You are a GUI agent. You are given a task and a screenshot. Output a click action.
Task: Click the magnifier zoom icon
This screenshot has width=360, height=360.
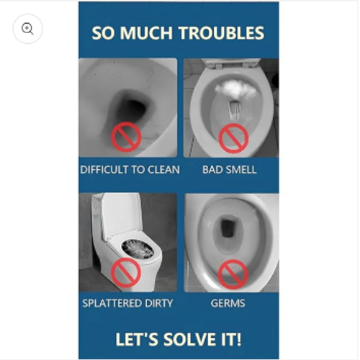(27, 29)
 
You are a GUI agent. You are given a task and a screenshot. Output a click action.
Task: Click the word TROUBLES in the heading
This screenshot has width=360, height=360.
(222, 33)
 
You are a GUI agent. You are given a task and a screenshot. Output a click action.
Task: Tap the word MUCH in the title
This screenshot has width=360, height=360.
(146, 33)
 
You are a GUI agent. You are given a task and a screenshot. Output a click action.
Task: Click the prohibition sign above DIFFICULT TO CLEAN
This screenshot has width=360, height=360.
(126, 137)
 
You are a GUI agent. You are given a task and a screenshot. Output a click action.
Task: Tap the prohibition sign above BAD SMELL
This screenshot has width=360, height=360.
(233, 138)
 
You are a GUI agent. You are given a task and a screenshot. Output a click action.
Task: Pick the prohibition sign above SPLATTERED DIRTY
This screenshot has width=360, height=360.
(126, 273)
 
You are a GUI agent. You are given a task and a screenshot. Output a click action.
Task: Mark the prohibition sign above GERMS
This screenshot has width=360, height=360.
(233, 274)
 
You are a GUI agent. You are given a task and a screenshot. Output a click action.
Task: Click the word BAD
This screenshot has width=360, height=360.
(212, 170)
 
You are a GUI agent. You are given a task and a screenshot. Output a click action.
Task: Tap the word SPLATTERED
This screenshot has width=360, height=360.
(109, 303)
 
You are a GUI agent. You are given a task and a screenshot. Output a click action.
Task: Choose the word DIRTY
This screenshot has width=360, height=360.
(156, 303)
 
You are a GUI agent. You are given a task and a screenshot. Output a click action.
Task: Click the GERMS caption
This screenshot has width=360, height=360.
(228, 303)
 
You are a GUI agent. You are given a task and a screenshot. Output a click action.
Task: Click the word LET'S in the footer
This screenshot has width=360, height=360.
(137, 339)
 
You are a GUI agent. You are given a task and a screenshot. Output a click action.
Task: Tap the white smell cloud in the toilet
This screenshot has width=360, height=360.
(235, 89)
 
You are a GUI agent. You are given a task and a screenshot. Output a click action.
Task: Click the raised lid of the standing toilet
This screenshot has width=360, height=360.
(121, 216)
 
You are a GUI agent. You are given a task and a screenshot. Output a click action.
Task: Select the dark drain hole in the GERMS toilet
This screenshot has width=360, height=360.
(227, 228)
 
